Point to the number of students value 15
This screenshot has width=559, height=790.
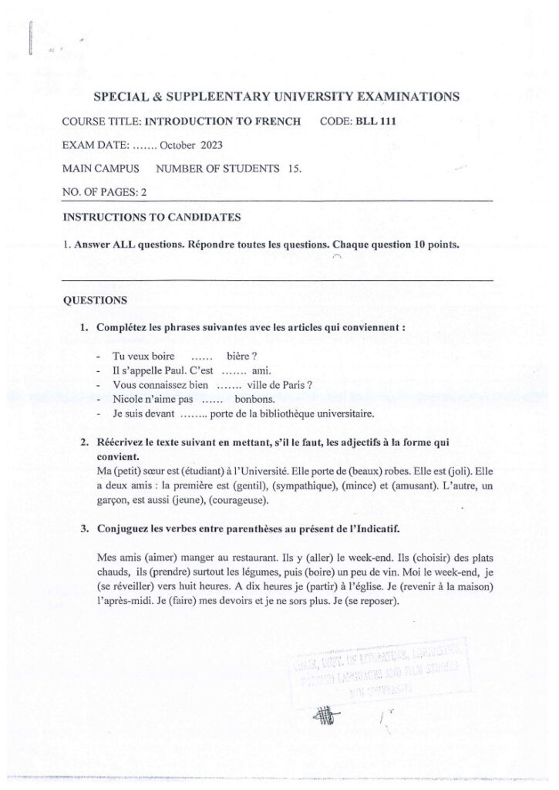pos(294,167)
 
